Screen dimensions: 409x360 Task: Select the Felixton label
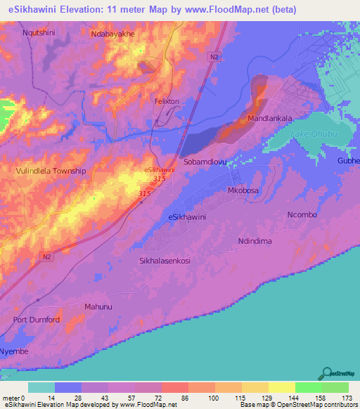point(167,101)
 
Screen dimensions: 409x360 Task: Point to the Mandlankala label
point(269,119)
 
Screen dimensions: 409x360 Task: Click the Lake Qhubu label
point(309,134)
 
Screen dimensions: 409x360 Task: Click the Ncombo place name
point(304,214)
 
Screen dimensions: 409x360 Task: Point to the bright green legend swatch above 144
point(309,387)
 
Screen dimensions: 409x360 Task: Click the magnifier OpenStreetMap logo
point(326,374)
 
